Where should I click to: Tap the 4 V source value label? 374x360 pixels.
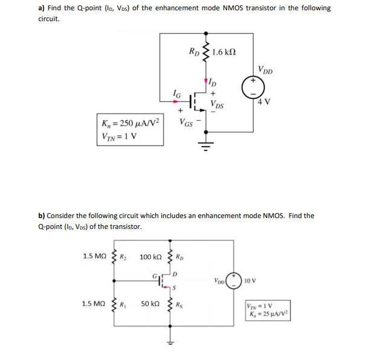point(264,101)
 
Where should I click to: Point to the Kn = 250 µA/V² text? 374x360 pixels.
point(131,123)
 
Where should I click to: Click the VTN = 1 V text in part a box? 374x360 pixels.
point(121,135)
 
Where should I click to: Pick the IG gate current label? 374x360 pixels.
point(176,92)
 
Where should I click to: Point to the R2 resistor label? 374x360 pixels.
point(122,257)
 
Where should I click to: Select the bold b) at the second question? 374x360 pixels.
point(41,216)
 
